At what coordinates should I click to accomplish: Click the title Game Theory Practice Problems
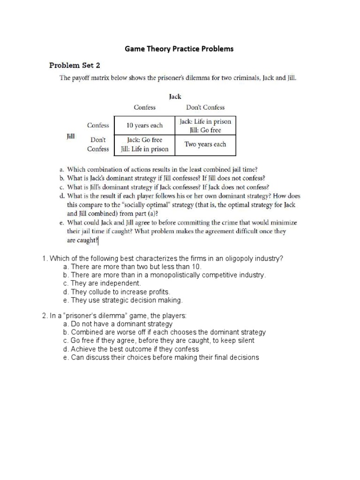[x=179, y=49]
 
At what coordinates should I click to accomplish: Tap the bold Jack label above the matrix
[x=175, y=97]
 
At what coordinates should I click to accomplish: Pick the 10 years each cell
[x=144, y=126]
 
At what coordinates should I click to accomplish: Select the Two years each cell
[x=205, y=144]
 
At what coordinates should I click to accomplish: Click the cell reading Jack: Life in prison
[x=205, y=121]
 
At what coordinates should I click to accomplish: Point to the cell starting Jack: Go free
[x=144, y=140]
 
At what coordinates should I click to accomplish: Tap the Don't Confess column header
[x=205, y=107]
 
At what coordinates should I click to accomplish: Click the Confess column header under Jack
[x=144, y=107]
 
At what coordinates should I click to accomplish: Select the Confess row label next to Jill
[x=98, y=126]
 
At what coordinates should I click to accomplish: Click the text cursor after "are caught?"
[x=98, y=241]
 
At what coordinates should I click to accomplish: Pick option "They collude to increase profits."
[x=117, y=292]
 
